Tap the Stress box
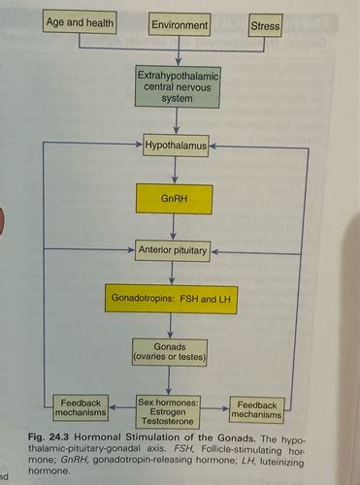tap(264, 24)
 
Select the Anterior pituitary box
tap(175, 250)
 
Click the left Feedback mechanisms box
tap(78, 408)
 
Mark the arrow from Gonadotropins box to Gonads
tap(175, 327)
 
